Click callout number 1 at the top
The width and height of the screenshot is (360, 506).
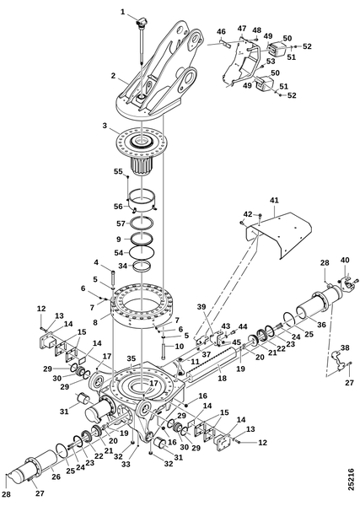point(122,12)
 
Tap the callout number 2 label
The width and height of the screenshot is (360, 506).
point(112,75)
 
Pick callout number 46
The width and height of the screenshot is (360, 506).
point(221,33)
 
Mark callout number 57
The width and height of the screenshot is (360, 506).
point(120,225)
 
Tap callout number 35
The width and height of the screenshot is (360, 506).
point(131,358)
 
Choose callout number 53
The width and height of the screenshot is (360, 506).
point(271,62)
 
